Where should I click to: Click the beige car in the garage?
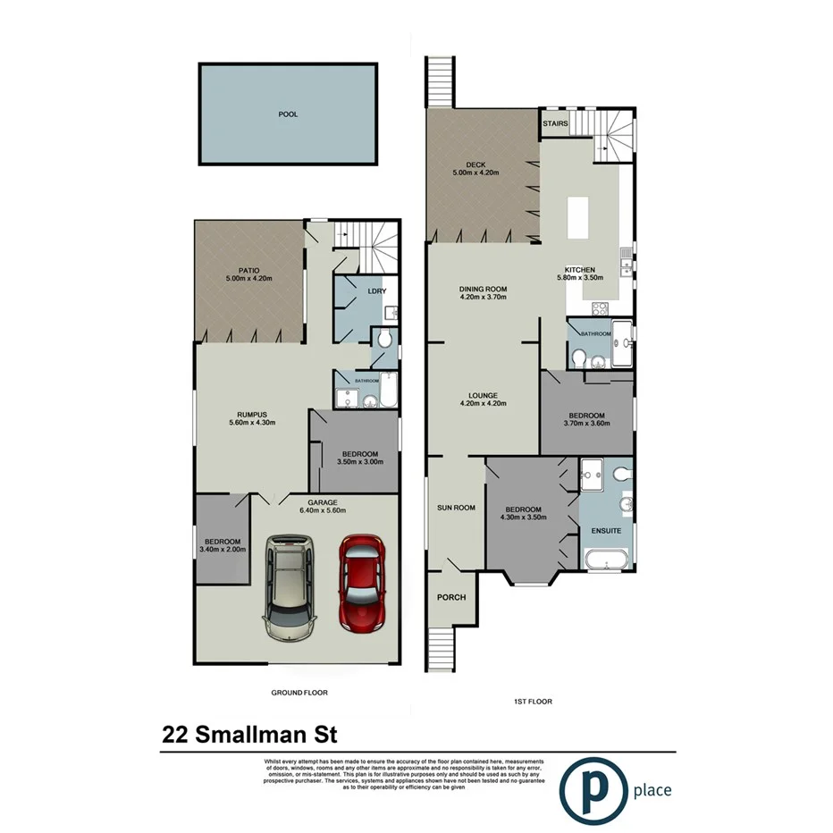point(288,587)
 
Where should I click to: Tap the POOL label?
point(288,114)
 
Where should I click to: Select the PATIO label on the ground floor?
point(248,271)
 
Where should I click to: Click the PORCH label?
point(451,597)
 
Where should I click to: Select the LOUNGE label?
point(483,395)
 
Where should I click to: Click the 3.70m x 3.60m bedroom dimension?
point(586,425)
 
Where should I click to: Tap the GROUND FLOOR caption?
point(299,693)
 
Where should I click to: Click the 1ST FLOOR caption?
point(533,702)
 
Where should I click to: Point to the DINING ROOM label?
point(483,289)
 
